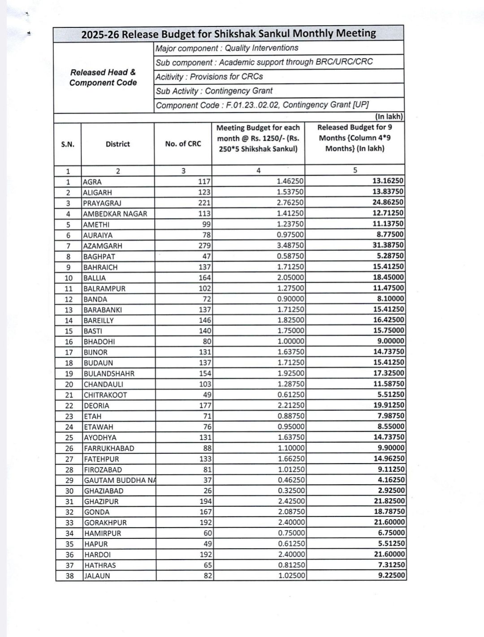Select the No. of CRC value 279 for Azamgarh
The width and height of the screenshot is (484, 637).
click(204, 245)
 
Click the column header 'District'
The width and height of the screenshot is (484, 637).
click(117, 144)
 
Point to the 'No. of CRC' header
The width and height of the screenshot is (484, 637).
click(183, 144)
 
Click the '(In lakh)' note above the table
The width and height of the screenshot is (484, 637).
click(389, 116)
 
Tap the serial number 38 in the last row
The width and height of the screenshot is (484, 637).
click(69, 576)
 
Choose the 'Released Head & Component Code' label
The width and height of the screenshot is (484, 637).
click(103, 77)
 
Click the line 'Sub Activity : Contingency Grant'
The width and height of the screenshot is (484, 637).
click(214, 91)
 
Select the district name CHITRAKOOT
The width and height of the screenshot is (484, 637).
click(105, 395)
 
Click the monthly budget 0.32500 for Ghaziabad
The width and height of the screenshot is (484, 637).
click(291, 491)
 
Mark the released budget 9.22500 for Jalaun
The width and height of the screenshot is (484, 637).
click(391, 576)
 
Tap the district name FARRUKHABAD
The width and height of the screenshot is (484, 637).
click(109, 448)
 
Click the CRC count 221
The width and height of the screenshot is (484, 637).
click(204, 203)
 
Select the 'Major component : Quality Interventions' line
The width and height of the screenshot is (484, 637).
click(227, 48)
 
